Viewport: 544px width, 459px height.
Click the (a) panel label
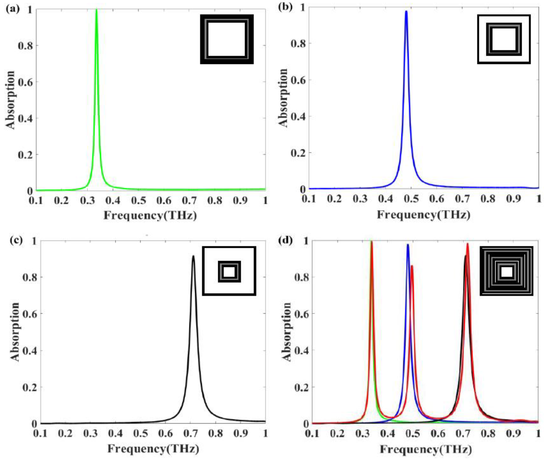[12, 10]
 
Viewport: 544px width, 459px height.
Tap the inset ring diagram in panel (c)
[229, 271]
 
